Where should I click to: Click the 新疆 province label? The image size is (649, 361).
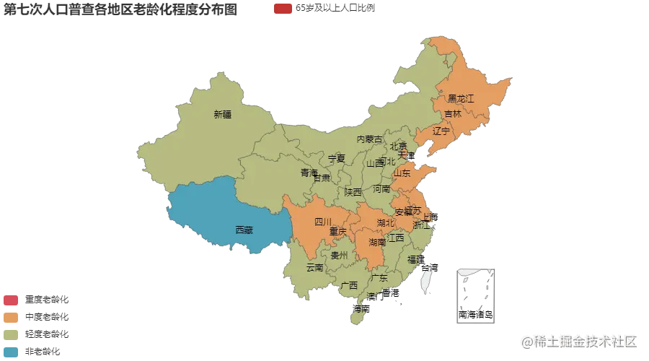pos(223,114)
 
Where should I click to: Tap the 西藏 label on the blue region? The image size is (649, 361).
pos(244,230)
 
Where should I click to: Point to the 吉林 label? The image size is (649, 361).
pos(453,114)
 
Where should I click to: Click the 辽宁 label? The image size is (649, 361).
pos(441,131)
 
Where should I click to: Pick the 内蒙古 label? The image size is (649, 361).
pos(369,139)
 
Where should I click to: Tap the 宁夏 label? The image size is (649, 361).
pos(337,158)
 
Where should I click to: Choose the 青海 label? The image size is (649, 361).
pos(309,173)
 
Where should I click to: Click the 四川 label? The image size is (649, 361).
pos(322,222)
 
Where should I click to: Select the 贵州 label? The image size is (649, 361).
pos(339,256)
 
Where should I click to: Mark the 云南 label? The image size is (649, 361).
pos(315,267)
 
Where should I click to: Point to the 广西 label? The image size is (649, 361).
pos(349,285)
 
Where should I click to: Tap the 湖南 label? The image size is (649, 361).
pos(377,242)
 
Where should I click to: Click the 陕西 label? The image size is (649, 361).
pos(353,192)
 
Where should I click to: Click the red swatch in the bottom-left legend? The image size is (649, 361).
pos(12,300)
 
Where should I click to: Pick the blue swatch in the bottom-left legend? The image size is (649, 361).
pos(12,352)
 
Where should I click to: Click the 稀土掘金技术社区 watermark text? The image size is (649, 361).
pos(581,340)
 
